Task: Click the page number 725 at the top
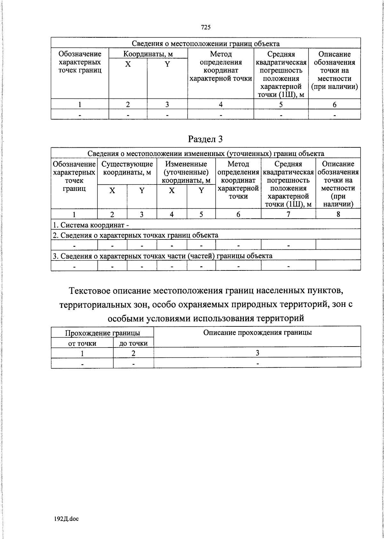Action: coord(206,27)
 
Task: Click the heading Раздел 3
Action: coord(205,139)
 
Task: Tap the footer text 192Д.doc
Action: coord(66,519)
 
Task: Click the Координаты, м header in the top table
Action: coord(148,54)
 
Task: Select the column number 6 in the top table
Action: coord(334,105)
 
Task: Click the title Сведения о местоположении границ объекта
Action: coord(206,44)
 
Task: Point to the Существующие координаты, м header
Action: coord(127,168)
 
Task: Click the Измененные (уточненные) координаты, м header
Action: coord(186,172)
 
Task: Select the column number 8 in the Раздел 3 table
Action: coord(338,214)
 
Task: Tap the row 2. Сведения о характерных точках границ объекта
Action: coord(135,235)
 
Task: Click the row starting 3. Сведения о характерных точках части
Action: coord(162,256)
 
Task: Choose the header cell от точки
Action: coord(82,343)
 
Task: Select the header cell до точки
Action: coord(133,343)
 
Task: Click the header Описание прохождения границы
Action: coord(257,332)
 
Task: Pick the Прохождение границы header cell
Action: coord(102,333)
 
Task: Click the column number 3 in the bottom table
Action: coord(257,353)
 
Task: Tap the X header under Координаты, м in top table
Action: coord(128,64)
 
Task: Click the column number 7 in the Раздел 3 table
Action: coord(288,214)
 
